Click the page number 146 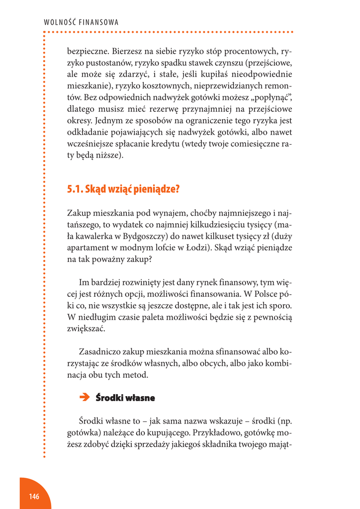(34, 497)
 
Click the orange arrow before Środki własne (84, 397)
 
